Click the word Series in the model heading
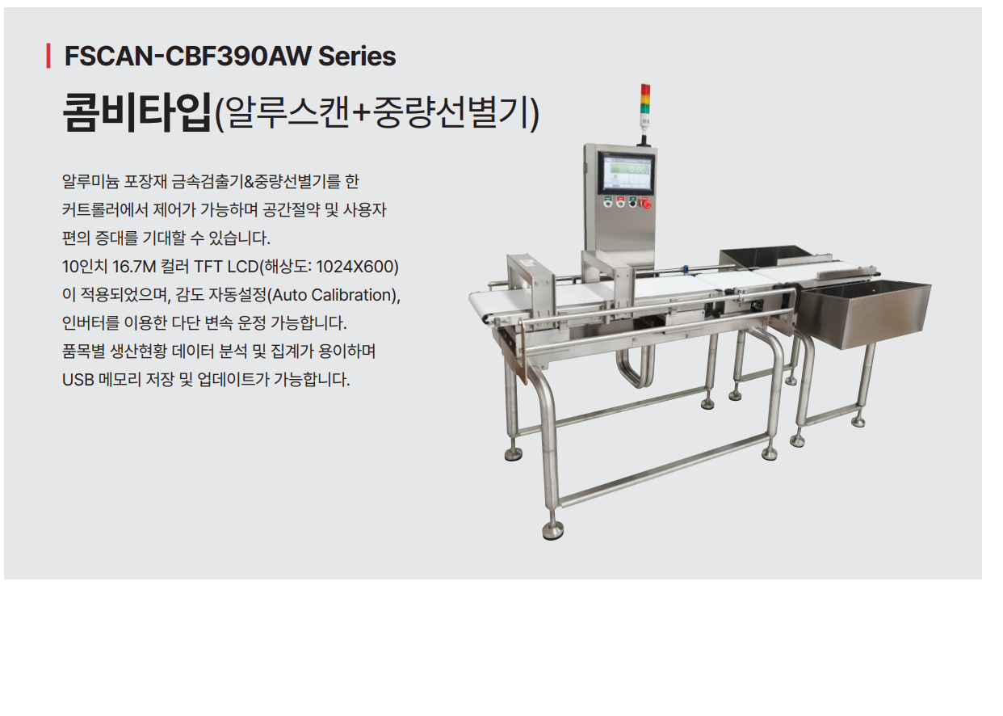357,56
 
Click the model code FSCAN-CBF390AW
187,56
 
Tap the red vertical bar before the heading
48,56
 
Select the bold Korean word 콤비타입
136,112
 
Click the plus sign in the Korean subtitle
360,113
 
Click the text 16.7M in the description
133,267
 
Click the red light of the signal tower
645,90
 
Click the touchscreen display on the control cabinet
626,173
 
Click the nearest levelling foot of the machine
553,530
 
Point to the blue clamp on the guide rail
684,269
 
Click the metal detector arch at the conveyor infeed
531,287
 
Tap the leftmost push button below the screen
607,202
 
